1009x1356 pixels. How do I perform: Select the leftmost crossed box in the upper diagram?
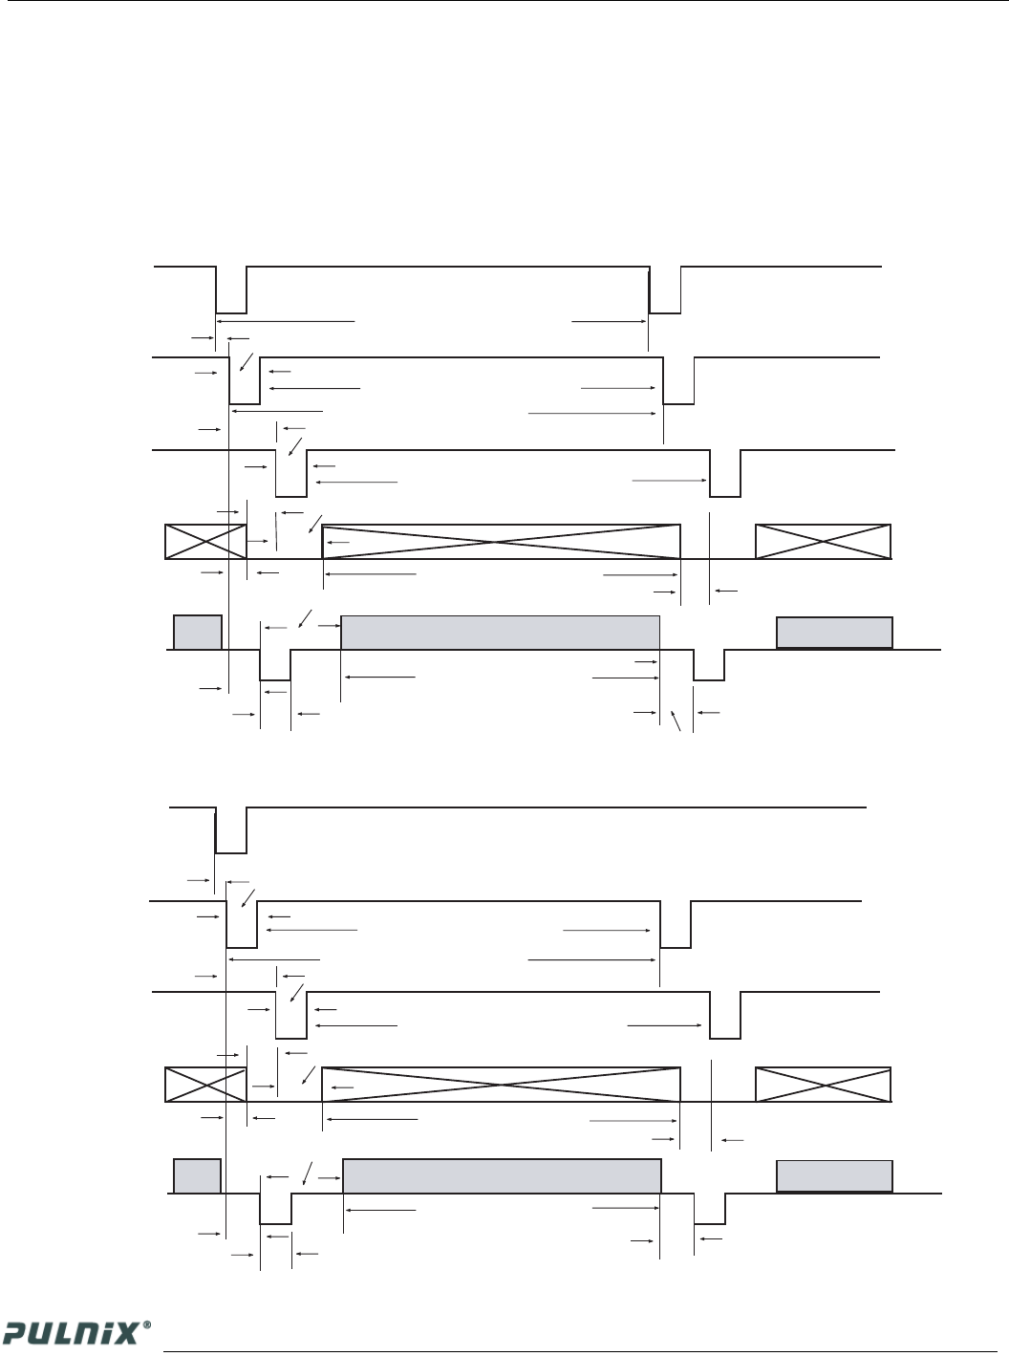[205, 541]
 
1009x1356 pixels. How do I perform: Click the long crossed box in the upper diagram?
[502, 541]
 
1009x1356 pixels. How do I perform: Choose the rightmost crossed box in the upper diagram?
[823, 541]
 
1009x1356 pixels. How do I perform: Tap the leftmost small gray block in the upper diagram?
[198, 633]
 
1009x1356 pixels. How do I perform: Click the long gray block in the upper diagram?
[501, 633]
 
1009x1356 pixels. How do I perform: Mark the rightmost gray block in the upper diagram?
[834, 633]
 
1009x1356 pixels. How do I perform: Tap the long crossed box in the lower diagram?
[502, 1085]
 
